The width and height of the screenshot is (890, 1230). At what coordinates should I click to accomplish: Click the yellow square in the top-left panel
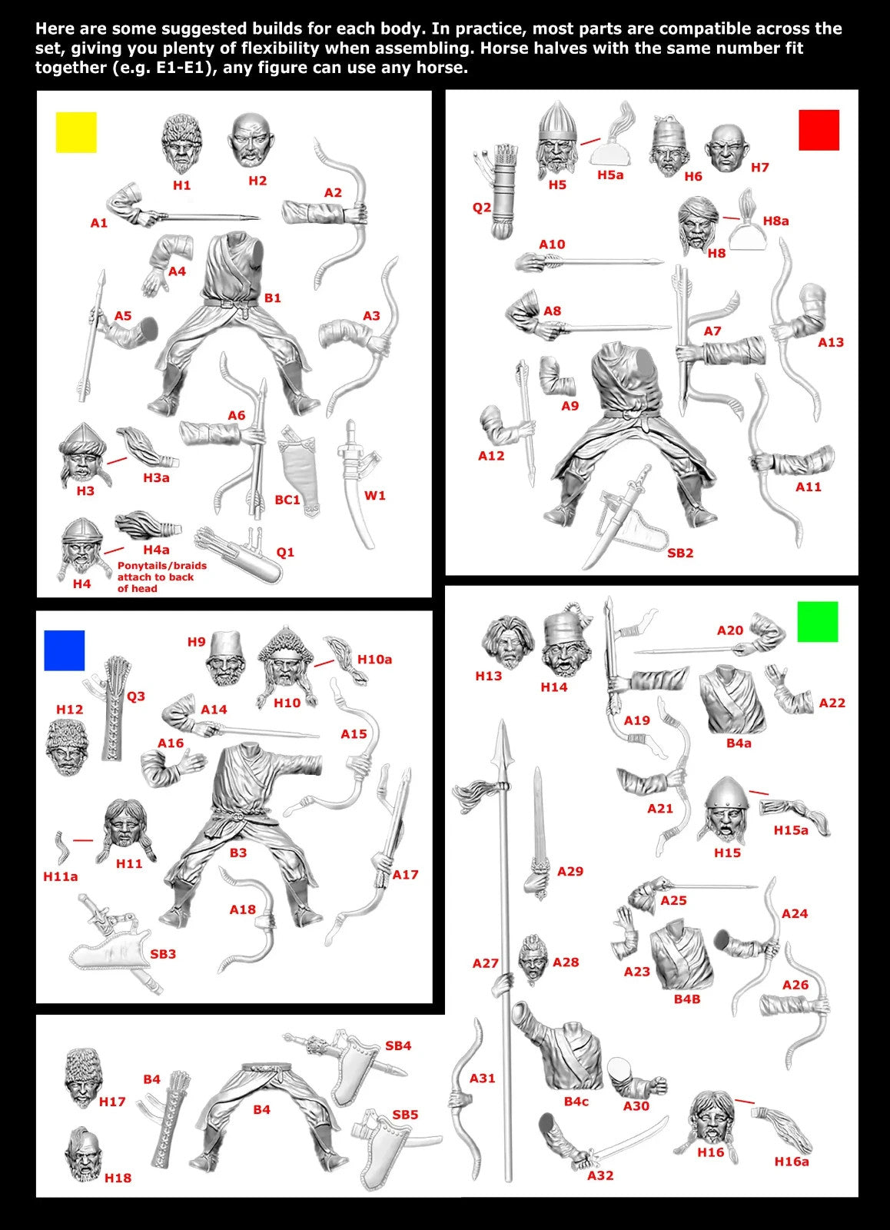[76, 132]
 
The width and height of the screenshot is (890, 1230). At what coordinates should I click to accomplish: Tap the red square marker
[819, 129]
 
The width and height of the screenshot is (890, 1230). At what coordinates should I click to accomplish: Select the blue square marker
[64, 650]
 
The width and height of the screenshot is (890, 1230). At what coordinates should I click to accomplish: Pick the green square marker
[818, 621]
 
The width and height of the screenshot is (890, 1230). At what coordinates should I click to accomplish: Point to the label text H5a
[610, 175]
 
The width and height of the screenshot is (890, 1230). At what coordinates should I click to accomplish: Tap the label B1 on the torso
[272, 298]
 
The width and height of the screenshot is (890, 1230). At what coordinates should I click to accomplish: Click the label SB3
[163, 954]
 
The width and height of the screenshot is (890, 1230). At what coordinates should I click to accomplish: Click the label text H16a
[792, 1162]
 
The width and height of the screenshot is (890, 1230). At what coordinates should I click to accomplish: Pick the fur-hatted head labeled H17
[81, 1076]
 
